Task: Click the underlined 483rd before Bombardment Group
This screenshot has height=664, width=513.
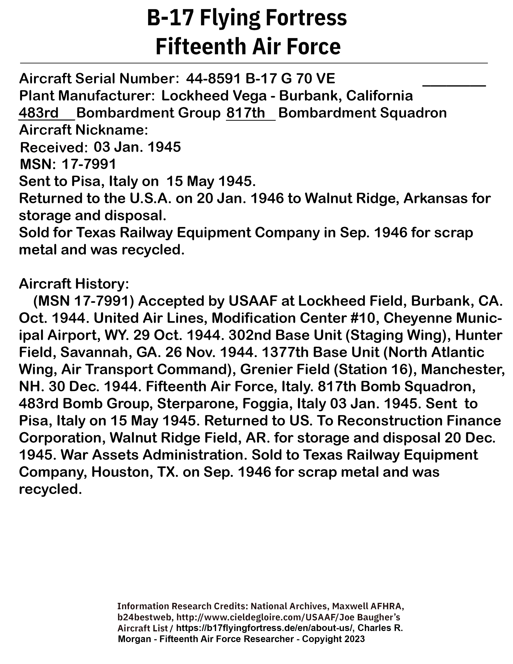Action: [x=39, y=113]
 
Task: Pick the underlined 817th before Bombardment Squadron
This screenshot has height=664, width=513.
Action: [x=246, y=113]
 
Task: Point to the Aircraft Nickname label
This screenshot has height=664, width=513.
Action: [x=83, y=130]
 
